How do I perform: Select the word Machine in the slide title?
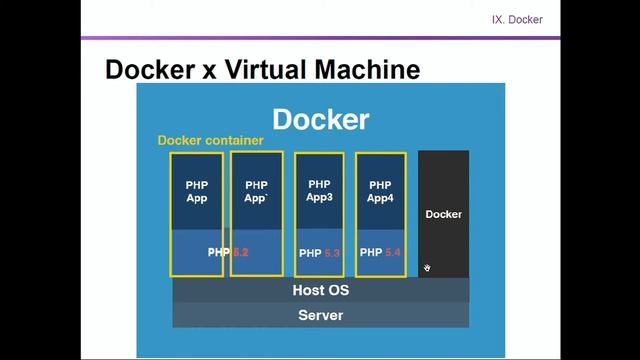point(369,69)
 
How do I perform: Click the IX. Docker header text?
point(517,19)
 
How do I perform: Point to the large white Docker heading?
point(321,119)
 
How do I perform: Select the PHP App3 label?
point(319,190)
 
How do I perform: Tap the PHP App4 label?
point(380,191)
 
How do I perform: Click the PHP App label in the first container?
point(196,191)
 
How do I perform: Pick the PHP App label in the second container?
point(256,191)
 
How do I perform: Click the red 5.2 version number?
point(240,253)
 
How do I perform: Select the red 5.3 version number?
point(332,254)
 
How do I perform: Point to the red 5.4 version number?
point(392,253)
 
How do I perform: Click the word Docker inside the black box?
point(443,214)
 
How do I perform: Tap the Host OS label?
point(321,291)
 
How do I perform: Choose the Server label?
point(321,315)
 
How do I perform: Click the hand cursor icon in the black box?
point(427,268)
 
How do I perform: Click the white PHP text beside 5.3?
point(310,254)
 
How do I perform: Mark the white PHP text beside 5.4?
point(371,253)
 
